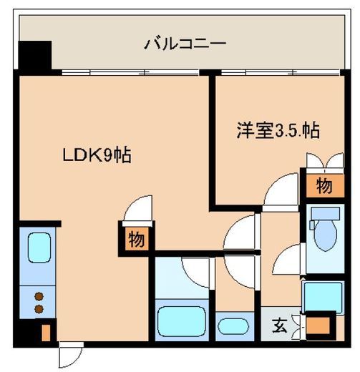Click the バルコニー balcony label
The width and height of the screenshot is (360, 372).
pos(185,44)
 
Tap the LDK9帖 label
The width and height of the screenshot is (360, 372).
pos(97,155)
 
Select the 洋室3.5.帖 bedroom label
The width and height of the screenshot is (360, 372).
pos(278,130)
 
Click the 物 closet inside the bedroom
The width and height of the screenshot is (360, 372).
pos(325,186)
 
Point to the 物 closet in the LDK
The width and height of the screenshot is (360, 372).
pos(137,239)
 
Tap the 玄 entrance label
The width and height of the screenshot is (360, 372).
pos(280,325)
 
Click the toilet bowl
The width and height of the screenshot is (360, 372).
pos(326,235)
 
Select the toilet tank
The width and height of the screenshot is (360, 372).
pos(326,213)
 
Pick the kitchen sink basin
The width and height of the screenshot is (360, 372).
pos(39,248)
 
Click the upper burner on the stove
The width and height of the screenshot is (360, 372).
pos(39,297)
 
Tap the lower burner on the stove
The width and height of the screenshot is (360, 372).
pos(39,309)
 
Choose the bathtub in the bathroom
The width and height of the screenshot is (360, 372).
pos(182,321)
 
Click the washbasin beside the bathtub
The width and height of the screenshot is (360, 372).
pos(233,326)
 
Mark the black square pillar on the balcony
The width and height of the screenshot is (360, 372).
pos(35,56)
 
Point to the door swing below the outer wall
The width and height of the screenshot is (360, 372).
pos(71,355)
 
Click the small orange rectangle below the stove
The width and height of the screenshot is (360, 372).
pos(47,333)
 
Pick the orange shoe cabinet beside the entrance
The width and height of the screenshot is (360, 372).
pos(318,325)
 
